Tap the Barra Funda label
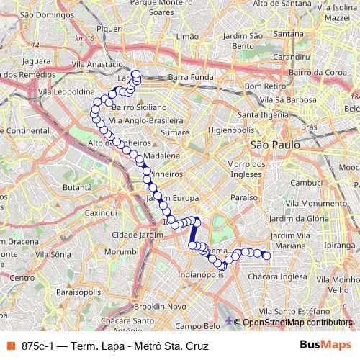point(188,76)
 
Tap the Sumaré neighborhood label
point(175,133)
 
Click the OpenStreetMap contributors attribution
point(295,323)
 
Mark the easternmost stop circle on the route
point(266,256)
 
